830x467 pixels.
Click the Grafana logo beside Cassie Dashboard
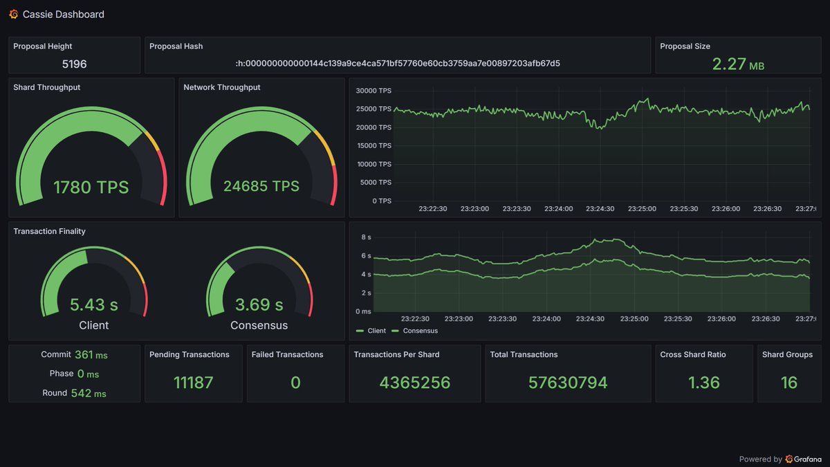click(14, 14)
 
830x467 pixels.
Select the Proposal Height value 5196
click(74, 64)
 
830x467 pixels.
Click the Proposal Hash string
click(398, 64)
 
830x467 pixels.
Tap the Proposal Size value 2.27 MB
click(737, 64)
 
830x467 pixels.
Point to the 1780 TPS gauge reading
click(91, 187)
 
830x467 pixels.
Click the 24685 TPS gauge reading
click(261, 186)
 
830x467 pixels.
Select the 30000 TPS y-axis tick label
click(373, 91)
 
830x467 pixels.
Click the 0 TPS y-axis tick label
click(382, 201)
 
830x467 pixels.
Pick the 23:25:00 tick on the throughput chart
click(642, 208)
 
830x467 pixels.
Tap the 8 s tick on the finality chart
click(367, 237)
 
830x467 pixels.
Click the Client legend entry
click(371, 331)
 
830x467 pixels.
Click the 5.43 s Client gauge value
click(93, 304)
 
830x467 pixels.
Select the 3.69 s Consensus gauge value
click(259, 304)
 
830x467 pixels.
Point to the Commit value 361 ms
click(91, 355)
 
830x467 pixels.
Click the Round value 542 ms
click(89, 393)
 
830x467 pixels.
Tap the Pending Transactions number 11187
click(194, 383)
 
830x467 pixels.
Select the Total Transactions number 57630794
click(568, 383)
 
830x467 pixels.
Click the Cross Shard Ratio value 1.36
click(703, 383)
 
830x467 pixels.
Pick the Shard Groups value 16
click(788, 383)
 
